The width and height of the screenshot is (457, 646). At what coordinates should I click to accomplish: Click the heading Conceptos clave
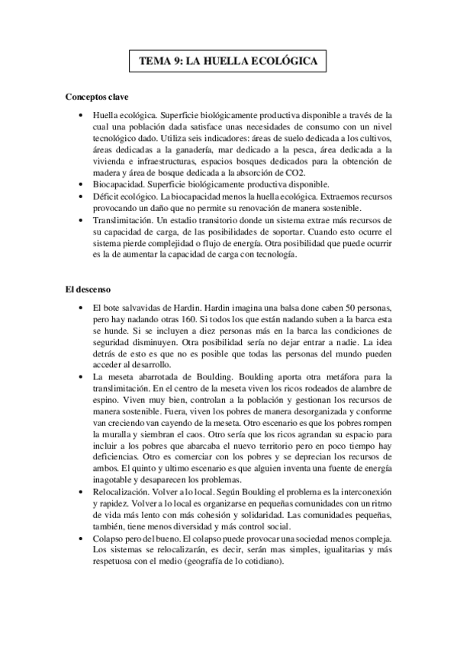[x=97, y=98]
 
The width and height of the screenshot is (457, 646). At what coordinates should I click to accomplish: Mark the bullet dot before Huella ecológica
[x=82, y=114]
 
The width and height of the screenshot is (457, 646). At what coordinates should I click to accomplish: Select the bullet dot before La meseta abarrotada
[x=82, y=378]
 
